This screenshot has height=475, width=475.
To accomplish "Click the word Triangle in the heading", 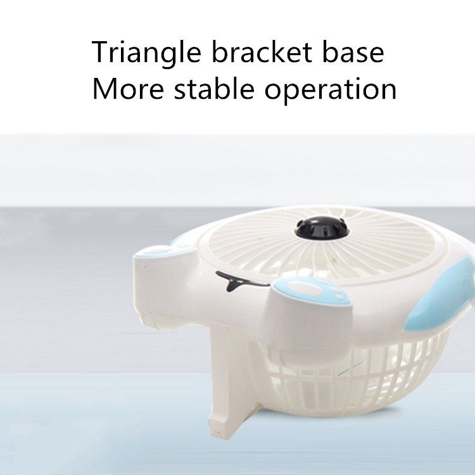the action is coord(146,53).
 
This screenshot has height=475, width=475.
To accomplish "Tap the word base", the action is coord(353,53).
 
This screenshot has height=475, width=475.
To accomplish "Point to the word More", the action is coord(128,89).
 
